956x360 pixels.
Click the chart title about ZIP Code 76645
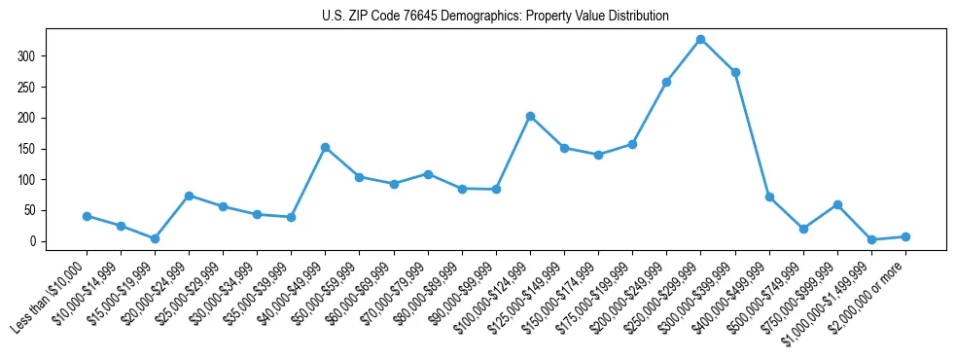coord(495,17)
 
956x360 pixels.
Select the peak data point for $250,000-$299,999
coord(700,39)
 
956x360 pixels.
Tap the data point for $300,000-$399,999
coord(735,72)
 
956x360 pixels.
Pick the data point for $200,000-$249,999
coord(666,82)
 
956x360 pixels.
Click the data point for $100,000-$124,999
coord(530,116)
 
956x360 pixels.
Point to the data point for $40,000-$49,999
coord(325,147)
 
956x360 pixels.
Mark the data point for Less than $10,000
coord(87,216)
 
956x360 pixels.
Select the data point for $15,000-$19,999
coord(155,238)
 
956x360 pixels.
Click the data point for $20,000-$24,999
coord(189,196)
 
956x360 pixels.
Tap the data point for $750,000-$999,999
coord(837,204)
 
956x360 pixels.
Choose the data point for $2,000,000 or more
coord(905,236)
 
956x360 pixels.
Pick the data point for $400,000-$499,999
coord(769,197)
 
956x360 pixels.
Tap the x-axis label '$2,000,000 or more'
coord(870,292)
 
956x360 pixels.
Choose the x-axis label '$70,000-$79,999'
coord(393,292)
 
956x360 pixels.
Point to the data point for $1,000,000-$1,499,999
coord(871,239)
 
